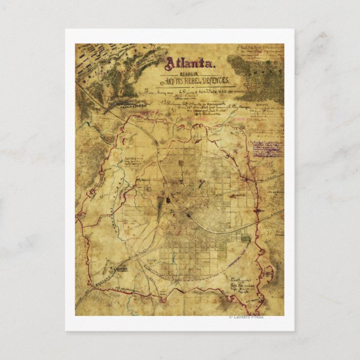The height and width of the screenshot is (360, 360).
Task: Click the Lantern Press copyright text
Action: click(247, 318)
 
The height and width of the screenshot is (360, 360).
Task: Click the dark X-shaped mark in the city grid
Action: click(202, 186)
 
